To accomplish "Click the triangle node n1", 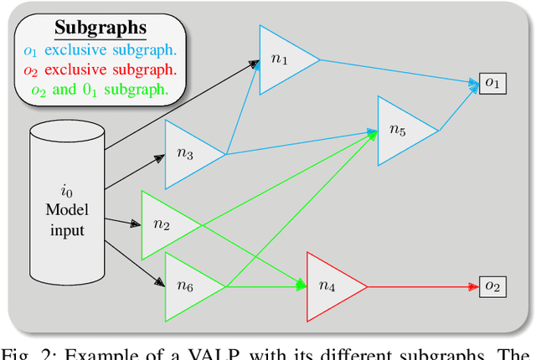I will (x=281, y=59).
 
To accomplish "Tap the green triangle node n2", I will (x=163, y=224).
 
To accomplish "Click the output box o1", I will (x=492, y=83).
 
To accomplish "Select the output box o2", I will (x=492, y=287).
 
